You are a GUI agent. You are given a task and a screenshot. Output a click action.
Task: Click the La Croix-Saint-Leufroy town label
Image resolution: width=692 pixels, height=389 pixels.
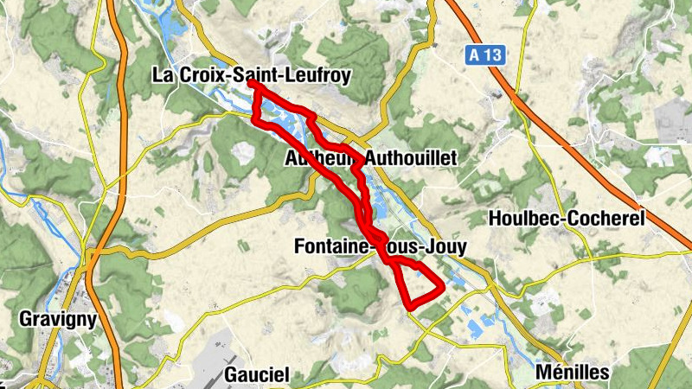[251, 75]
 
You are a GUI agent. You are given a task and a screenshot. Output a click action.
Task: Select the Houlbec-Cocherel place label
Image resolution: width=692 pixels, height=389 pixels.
[567, 219]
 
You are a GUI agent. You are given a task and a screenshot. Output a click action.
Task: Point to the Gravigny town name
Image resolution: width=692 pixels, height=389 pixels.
[57, 319]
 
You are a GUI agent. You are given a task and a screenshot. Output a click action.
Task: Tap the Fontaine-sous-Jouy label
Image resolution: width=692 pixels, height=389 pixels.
[381, 247]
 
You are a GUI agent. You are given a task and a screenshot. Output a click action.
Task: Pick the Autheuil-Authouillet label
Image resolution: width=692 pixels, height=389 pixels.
[370, 159]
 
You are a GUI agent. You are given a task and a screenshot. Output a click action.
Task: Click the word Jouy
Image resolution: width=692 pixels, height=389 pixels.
[446, 247]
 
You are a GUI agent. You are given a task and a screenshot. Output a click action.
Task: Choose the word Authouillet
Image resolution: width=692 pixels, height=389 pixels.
[411, 159]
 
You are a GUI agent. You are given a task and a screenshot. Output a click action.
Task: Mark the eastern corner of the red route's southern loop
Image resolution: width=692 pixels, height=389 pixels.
[442, 285]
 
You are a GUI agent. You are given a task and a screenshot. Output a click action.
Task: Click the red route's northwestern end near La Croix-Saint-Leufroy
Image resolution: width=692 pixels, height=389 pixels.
[251, 83]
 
